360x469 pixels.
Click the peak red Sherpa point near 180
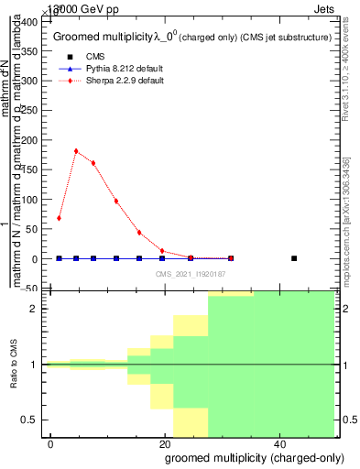(76, 151)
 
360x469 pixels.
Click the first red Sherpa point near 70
(59, 218)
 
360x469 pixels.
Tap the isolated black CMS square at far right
(294, 258)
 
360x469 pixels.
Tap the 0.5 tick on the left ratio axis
(37, 420)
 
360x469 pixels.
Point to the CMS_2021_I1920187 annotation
(190, 275)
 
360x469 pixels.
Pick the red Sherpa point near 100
(116, 201)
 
